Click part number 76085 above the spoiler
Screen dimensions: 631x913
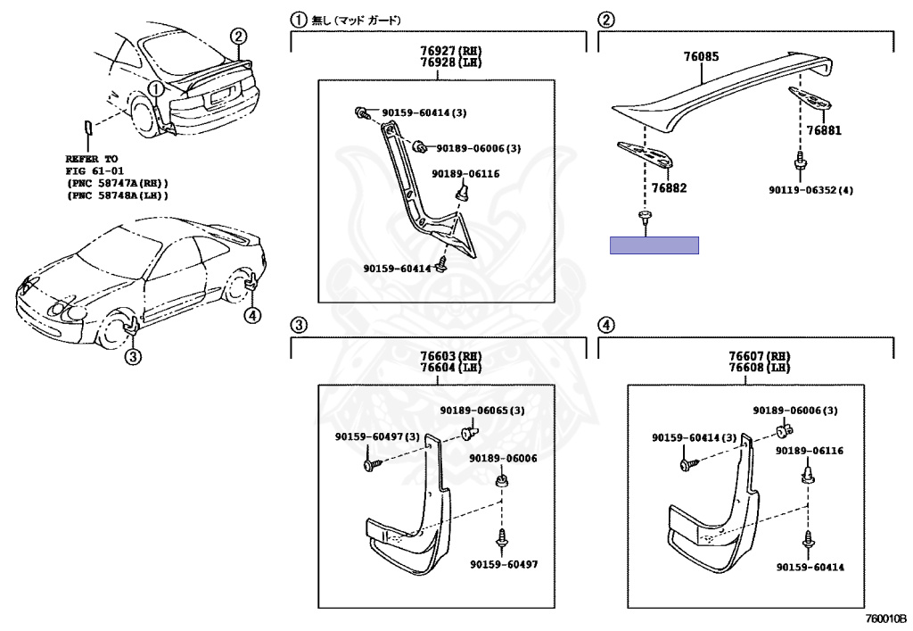pos(701,57)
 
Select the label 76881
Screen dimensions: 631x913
pos(824,130)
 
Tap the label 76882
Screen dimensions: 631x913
pos(669,188)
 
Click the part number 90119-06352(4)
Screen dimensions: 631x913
pos(811,190)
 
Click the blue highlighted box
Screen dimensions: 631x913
pos(654,245)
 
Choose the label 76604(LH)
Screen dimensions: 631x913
pos(438,368)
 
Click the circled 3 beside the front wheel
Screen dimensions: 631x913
pos(133,358)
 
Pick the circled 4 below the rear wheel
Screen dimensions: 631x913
pos(254,314)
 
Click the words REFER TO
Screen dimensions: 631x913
pos(91,158)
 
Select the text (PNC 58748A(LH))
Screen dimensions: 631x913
pos(117,195)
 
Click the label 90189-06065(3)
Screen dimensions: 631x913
pos(481,411)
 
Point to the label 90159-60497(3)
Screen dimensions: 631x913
pos(377,436)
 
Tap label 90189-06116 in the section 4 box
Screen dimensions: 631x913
pos(809,452)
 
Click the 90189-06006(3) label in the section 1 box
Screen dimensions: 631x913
pos(478,148)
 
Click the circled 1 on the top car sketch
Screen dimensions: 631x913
pos(156,88)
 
